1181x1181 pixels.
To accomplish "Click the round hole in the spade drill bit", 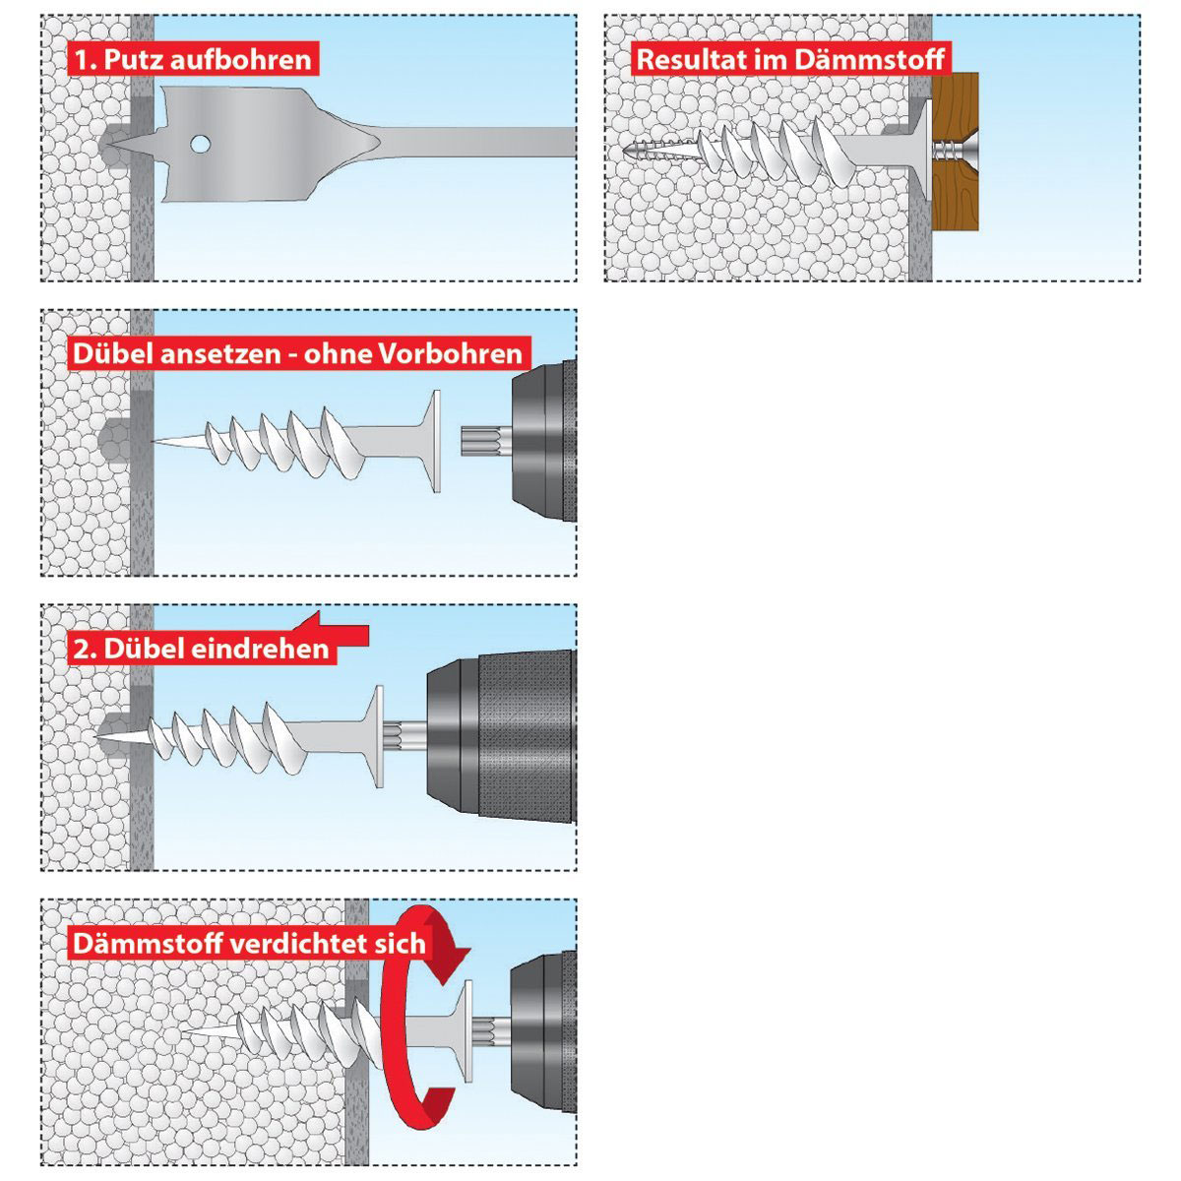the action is click(200, 145).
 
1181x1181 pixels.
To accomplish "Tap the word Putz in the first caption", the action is click(133, 59).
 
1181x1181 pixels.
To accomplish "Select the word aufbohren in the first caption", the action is click(240, 59).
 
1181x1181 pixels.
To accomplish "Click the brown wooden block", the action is click(955, 152).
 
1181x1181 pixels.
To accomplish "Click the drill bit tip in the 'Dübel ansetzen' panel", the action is click(480, 442).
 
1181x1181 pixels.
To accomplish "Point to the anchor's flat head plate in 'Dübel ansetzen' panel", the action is click(435, 441).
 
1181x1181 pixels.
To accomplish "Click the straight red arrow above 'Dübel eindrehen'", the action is click(332, 629).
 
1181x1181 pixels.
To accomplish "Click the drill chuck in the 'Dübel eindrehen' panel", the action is click(501, 736).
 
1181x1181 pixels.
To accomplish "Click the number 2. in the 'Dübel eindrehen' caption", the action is click(85, 649).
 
